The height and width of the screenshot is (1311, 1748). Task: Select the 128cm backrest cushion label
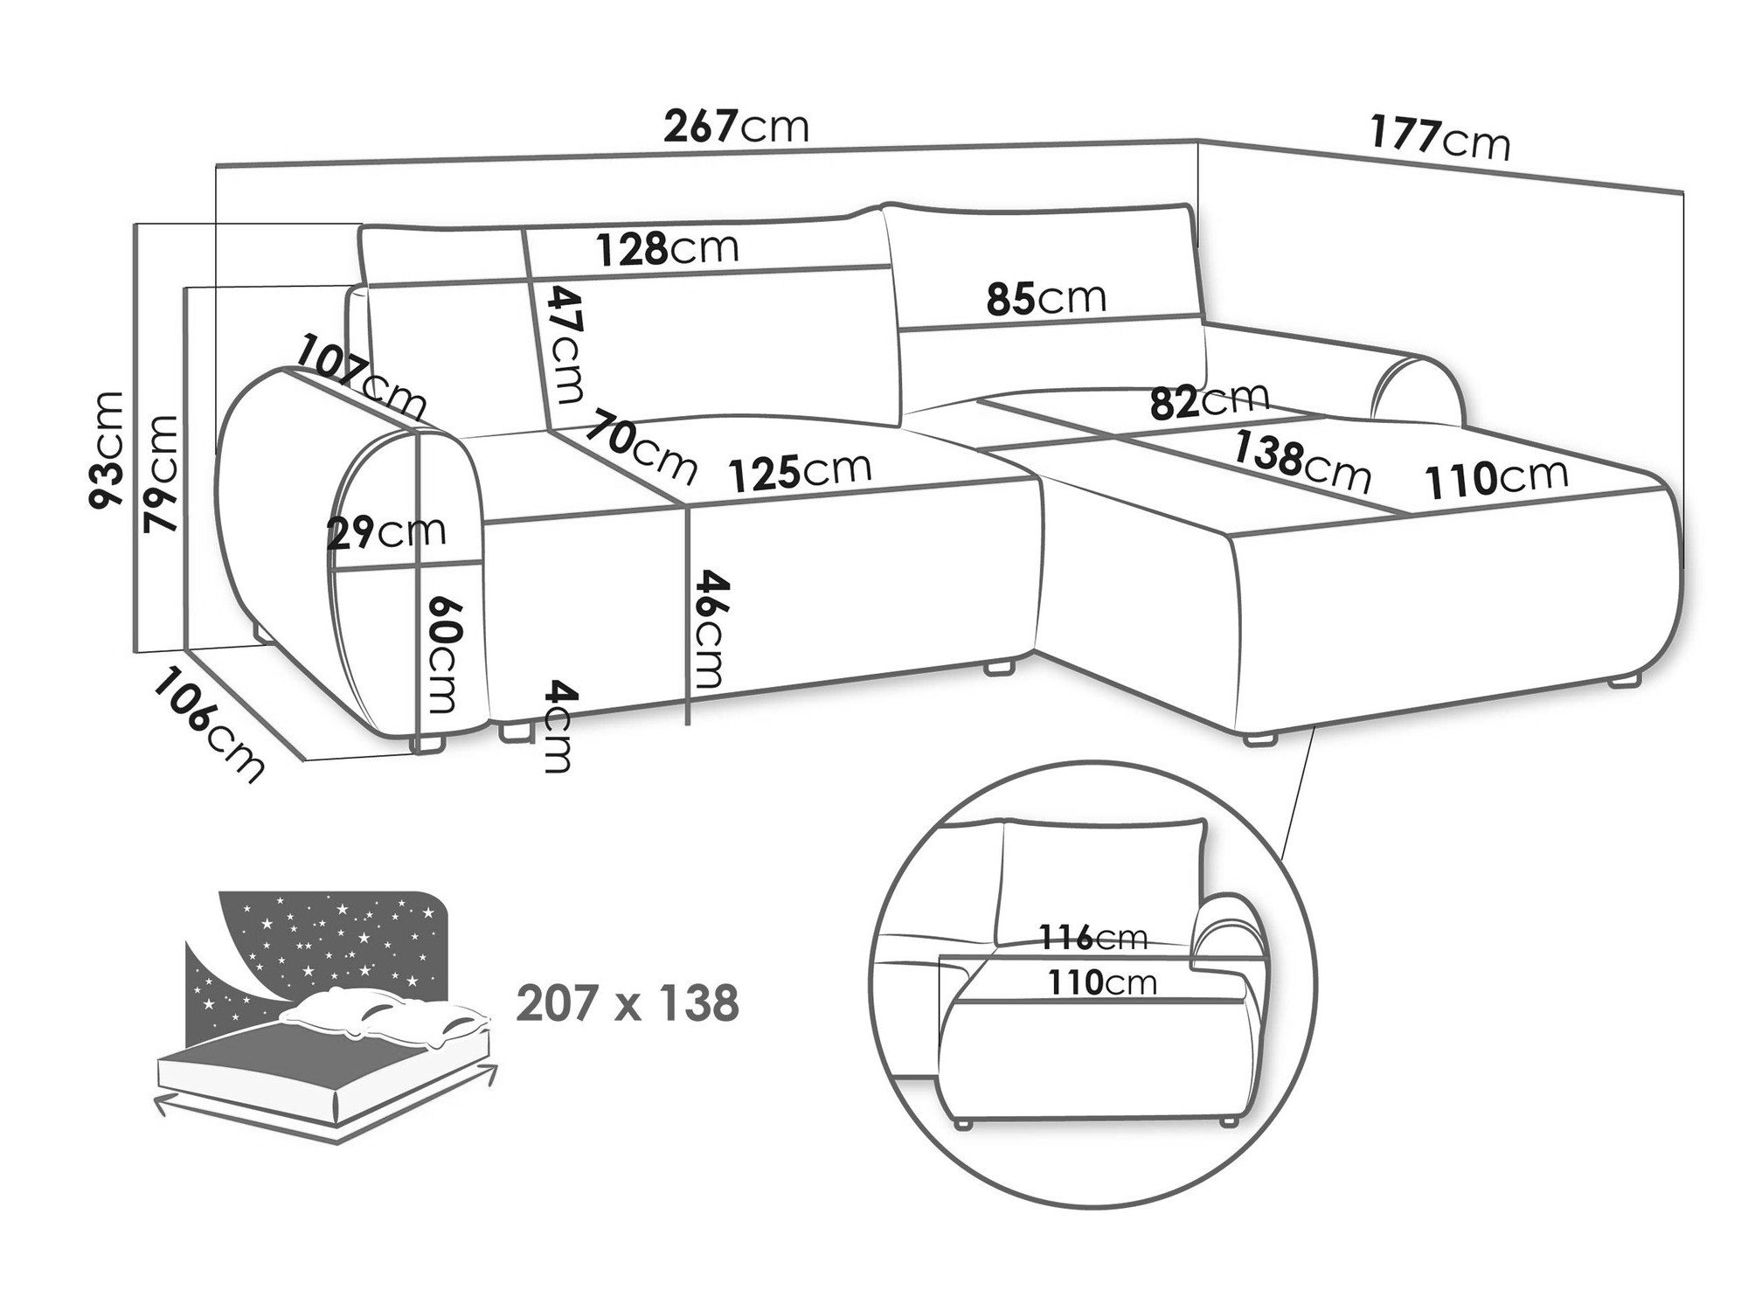(x=668, y=249)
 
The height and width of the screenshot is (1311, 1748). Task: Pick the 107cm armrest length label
(x=360, y=376)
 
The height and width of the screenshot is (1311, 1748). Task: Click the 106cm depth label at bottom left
(x=208, y=725)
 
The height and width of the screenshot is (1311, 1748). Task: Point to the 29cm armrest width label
(x=386, y=532)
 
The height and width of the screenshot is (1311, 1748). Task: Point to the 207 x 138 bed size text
(x=628, y=1003)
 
